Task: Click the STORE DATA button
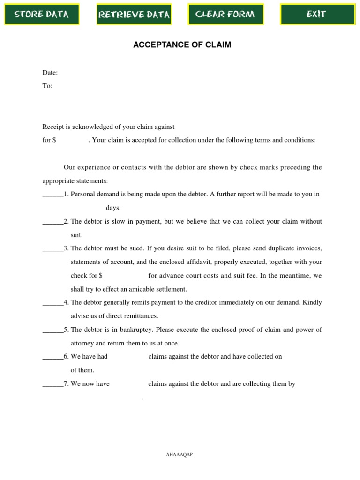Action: click(42, 14)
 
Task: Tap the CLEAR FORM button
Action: click(225, 14)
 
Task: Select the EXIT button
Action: click(316, 14)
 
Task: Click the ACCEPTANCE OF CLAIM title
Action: click(182, 45)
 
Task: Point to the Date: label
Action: click(50, 73)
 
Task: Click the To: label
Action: click(47, 86)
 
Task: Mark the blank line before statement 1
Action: click(52, 195)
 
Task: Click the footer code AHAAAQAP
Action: click(180, 455)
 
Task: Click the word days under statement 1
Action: click(113, 208)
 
